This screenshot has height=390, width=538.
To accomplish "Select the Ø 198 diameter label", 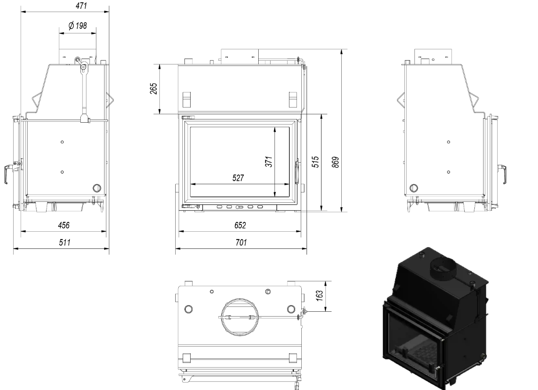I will pyautogui.click(x=78, y=26).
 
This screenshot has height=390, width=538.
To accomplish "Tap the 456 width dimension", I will pyautogui.click(x=64, y=225).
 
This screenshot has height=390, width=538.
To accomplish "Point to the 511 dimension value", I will pyautogui.click(x=64, y=242).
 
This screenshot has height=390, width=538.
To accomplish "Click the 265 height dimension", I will pyautogui.click(x=152, y=89).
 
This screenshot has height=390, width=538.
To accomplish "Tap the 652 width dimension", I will pyautogui.click(x=240, y=225).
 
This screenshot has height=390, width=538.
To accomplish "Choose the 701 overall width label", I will pyautogui.click(x=241, y=242).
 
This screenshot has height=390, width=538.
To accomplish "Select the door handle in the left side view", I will pyautogui.click(x=8, y=174).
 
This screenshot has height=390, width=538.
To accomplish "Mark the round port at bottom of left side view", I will pyautogui.click(x=97, y=188).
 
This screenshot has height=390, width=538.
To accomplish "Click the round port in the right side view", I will pyautogui.click(x=414, y=188).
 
